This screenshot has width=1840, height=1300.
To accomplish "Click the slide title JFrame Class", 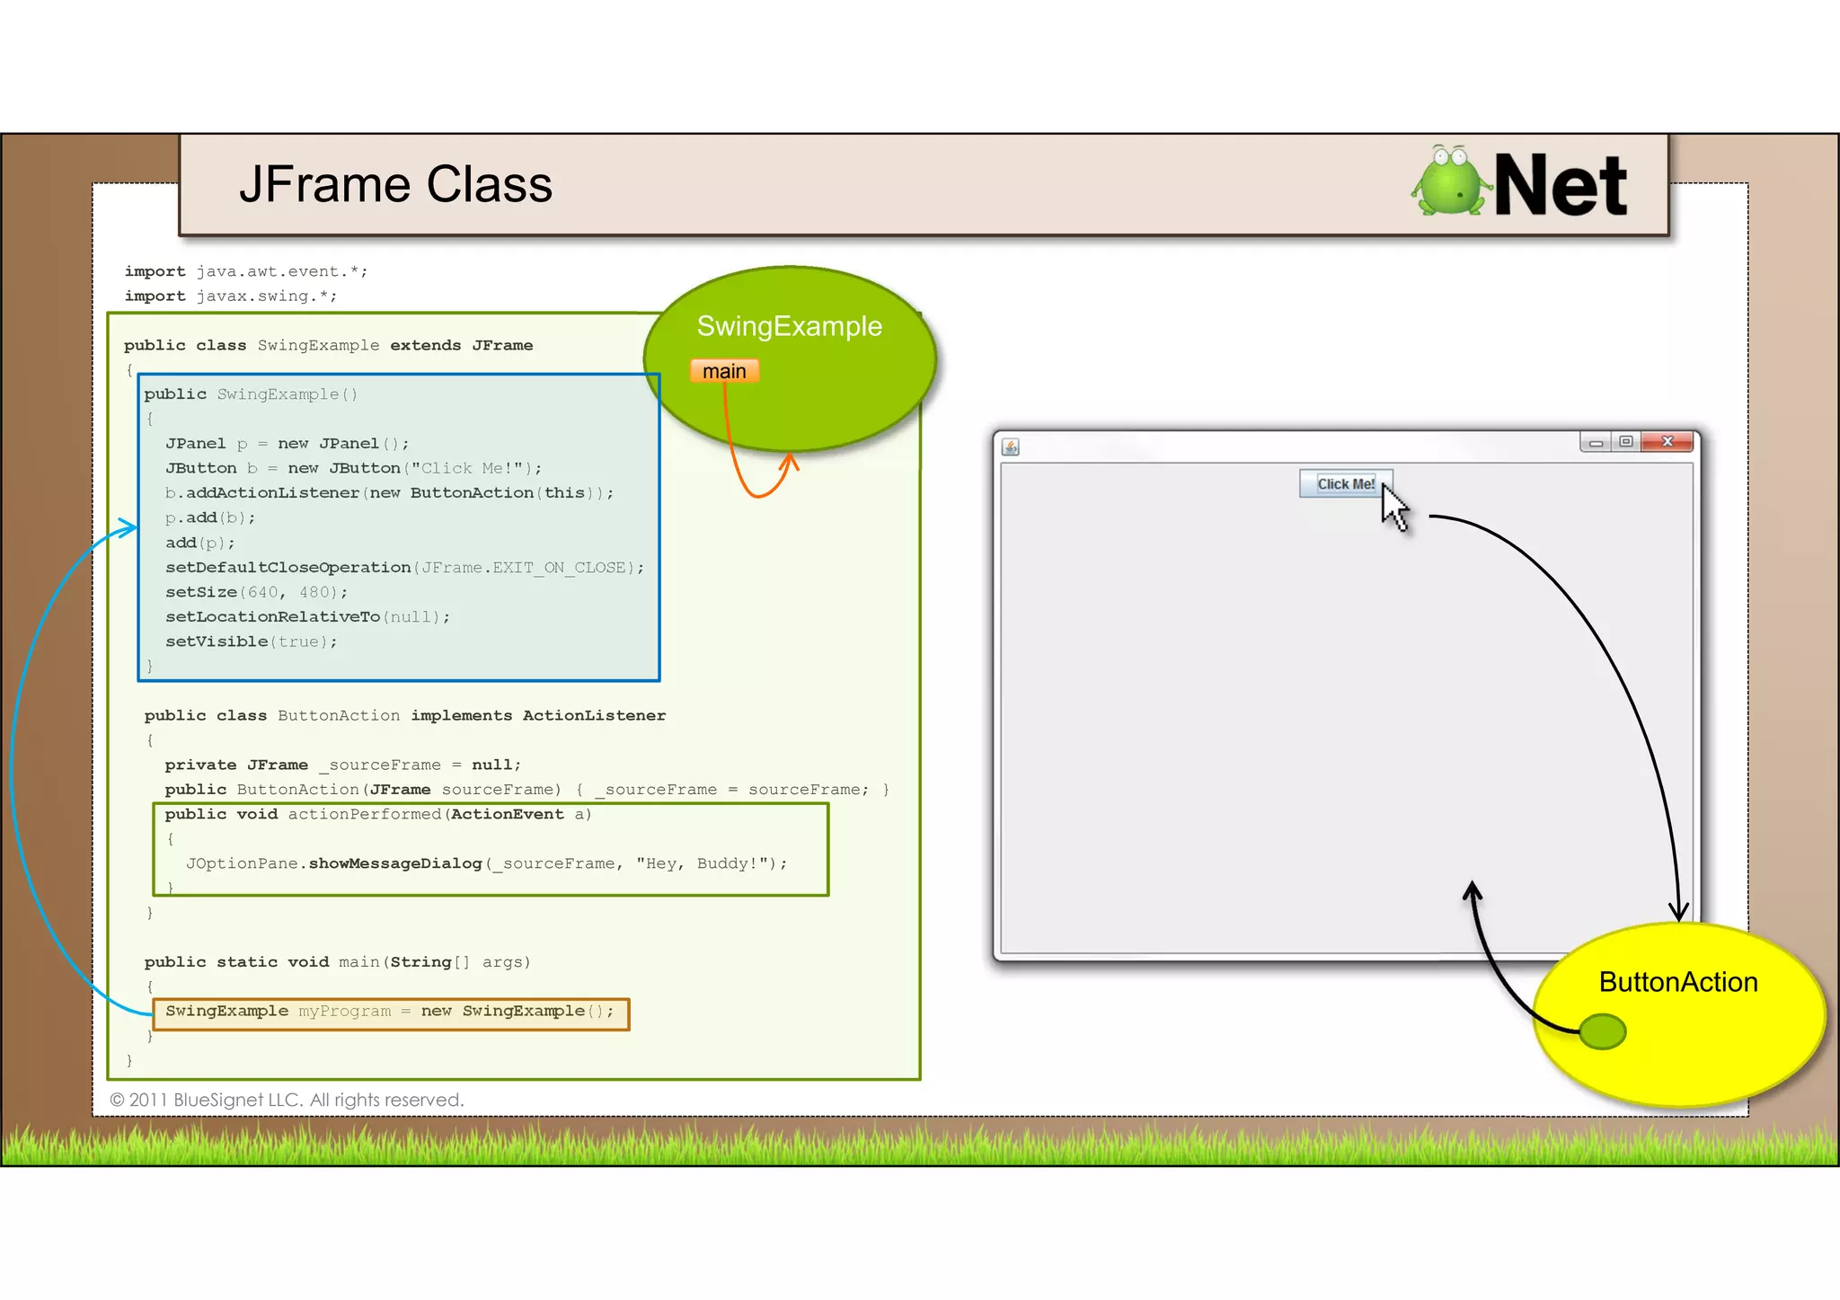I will click(395, 185).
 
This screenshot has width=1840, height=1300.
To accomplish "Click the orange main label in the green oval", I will click(724, 371).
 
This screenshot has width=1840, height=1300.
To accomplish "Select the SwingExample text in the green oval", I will click(789, 326).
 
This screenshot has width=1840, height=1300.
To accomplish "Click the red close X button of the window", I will click(1667, 441).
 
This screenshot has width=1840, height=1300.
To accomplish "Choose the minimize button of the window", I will click(1596, 442).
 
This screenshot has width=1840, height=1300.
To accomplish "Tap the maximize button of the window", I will click(1626, 441).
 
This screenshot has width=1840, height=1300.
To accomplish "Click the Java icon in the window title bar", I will click(1011, 447).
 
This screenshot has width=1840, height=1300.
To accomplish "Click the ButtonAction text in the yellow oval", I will click(1677, 982).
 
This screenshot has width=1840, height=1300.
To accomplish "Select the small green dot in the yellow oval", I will click(1602, 1031).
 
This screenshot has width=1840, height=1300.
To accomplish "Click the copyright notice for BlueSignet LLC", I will click(287, 1100).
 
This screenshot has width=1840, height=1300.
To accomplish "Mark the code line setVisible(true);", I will click(251, 641).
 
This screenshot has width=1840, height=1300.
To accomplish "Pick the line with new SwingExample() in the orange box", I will click(390, 1012).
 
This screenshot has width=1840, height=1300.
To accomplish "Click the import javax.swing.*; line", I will click(231, 296).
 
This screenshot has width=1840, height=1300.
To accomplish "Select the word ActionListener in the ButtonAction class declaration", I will click(594, 715).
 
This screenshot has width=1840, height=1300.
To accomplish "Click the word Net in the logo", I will click(1560, 185).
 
